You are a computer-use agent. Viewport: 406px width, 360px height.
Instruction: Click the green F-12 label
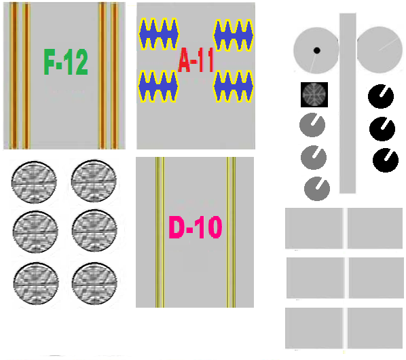point(66,62)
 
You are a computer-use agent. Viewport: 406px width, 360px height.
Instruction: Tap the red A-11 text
point(196,60)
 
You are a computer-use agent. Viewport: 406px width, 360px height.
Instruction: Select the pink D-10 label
point(196,228)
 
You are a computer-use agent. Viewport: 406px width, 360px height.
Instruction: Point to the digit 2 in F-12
point(80,62)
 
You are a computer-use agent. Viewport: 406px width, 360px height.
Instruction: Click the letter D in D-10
point(177,228)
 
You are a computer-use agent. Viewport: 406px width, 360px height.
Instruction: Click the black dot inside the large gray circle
point(316,50)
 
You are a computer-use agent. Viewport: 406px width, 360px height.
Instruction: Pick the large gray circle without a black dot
point(380,50)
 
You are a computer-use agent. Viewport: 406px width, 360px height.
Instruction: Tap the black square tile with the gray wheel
point(314,94)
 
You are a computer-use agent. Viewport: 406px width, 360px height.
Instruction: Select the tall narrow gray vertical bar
point(348,103)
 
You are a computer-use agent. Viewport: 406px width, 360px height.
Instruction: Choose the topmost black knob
point(381,96)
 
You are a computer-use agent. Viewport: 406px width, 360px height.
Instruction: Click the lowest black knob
point(386,160)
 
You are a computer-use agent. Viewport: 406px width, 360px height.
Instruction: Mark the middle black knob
point(382,129)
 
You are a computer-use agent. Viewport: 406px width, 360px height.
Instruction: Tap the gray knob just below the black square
point(312,125)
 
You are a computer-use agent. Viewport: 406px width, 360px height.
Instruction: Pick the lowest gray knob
point(317,189)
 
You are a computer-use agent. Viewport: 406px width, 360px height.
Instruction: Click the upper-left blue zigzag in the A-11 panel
point(159,34)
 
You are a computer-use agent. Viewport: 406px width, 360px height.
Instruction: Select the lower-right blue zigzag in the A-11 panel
point(234,86)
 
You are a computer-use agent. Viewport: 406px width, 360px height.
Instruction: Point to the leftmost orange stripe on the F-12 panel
point(14,75)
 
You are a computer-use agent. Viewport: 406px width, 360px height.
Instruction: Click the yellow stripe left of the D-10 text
point(160,232)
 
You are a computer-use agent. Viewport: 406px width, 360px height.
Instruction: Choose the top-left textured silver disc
point(34,182)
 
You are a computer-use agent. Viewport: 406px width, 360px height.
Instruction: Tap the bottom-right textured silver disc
point(94,283)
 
